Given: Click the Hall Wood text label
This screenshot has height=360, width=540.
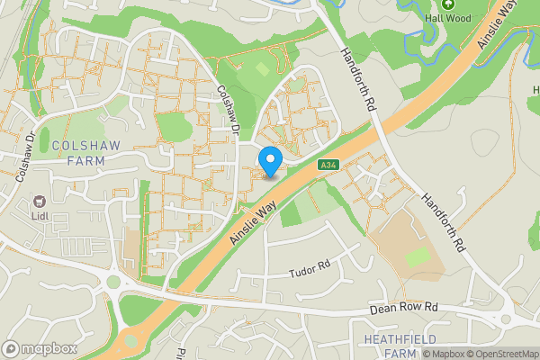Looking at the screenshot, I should [448, 17].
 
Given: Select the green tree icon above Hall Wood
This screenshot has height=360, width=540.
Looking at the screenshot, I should [448, 4].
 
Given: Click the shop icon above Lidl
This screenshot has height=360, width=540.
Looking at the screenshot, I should [39, 203].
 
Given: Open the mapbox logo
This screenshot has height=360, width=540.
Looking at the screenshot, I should [40, 348].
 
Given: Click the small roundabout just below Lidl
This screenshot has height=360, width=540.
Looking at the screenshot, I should [113, 282].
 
